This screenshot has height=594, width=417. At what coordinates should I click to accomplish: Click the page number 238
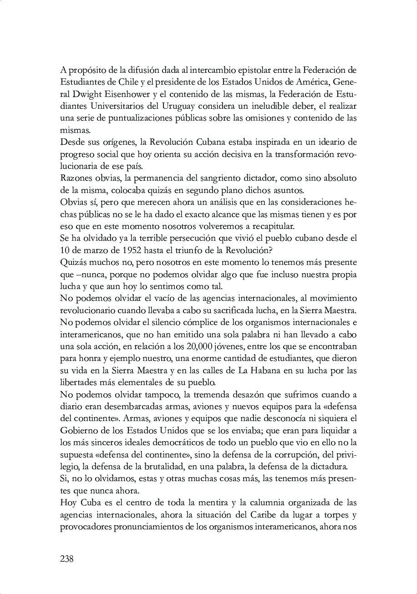point(66,559)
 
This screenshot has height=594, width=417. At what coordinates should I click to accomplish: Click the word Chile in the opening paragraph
point(131,82)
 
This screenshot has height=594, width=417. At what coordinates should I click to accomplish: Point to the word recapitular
point(274,226)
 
